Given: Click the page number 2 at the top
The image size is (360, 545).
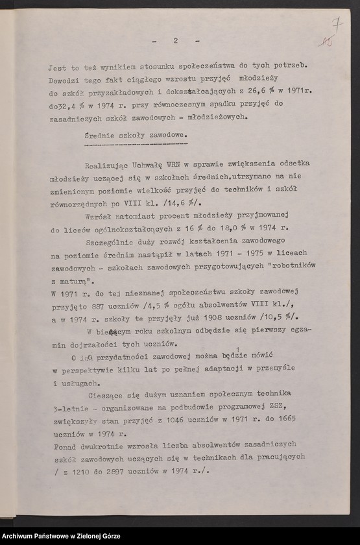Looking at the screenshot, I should click(x=175, y=41).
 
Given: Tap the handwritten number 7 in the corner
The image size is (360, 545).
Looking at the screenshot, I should click(x=337, y=24).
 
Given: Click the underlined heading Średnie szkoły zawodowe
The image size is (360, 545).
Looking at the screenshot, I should click(x=136, y=135).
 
